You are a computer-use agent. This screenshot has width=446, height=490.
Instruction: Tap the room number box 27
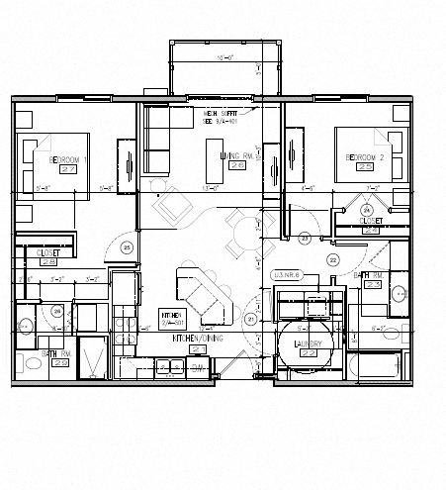(x=68, y=169)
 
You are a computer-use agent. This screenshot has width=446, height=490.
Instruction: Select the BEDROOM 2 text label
(x=365, y=157)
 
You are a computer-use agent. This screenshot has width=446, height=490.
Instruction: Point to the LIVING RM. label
(x=237, y=155)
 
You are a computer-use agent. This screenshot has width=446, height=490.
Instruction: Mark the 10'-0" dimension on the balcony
(x=225, y=57)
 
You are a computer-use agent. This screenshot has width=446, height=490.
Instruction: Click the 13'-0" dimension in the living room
(x=210, y=187)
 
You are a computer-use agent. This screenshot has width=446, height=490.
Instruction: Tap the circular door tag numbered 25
(x=126, y=247)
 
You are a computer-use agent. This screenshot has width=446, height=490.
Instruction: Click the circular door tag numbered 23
(x=305, y=238)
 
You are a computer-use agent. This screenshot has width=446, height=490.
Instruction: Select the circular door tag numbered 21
(x=250, y=319)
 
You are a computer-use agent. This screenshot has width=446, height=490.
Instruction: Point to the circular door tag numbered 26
(x=57, y=313)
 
